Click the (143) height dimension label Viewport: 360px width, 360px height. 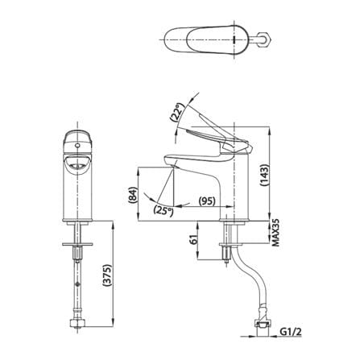pyautogui.click(x=264, y=175)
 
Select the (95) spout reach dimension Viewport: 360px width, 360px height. pyautogui.click(x=207, y=201)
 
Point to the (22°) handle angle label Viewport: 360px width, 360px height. pyautogui.click(x=177, y=113)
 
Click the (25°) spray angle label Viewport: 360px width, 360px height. pyautogui.click(x=163, y=210)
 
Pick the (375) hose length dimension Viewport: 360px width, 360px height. pyautogui.click(x=107, y=276)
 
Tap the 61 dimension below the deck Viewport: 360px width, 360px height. pyautogui.click(x=194, y=239)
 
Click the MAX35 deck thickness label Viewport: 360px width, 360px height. pyautogui.click(x=276, y=233)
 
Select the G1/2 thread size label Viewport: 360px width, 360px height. pyautogui.click(x=291, y=332)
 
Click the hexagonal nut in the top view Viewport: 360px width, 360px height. pyautogui.click(x=265, y=39)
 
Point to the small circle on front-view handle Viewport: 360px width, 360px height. pyautogui.click(x=77, y=146)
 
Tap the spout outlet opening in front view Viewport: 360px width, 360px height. pyautogui.click(x=77, y=164)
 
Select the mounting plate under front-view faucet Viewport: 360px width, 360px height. pyautogui.click(x=77, y=244)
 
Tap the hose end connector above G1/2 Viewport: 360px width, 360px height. pyautogui.click(x=263, y=325)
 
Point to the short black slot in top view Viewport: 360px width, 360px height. pyautogui.click(x=234, y=39)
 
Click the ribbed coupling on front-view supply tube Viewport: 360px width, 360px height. pyautogui.click(x=77, y=253)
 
